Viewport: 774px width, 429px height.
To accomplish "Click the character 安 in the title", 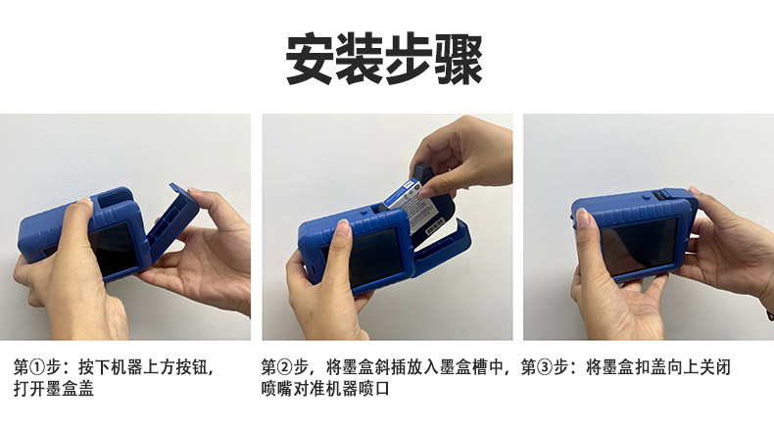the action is pos(310,59).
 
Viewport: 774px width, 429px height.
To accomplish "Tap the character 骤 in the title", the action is pos(459,59).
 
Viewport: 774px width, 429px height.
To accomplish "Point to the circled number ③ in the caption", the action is pos(545,367).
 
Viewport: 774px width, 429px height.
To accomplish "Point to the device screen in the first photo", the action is pos(114,250).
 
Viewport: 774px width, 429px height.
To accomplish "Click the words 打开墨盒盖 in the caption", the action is pos(53,389).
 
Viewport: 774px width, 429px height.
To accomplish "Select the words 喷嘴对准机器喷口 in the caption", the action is pos(325,389).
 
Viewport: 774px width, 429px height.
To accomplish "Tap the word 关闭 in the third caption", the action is pos(714,367).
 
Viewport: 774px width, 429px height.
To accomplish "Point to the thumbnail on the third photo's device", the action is pos(584,217).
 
